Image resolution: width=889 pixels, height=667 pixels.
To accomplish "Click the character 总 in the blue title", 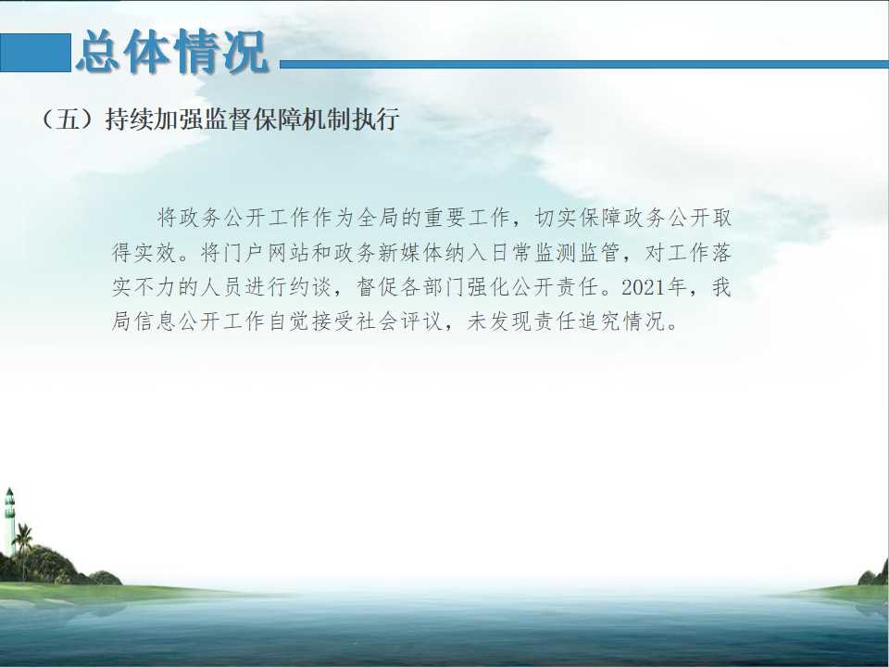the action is tap(100, 52).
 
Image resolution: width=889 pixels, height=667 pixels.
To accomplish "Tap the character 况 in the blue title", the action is tap(245, 52).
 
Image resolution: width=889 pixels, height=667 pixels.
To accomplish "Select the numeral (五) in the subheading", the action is tap(68, 120).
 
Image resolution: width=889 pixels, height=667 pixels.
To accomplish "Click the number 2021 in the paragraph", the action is tap(644, 287).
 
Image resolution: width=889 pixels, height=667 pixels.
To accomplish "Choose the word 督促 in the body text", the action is tap(379, 287).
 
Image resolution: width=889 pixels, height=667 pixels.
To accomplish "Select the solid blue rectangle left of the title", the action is tap(35, 53).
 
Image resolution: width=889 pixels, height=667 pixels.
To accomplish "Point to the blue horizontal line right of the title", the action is tap(584, 64).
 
